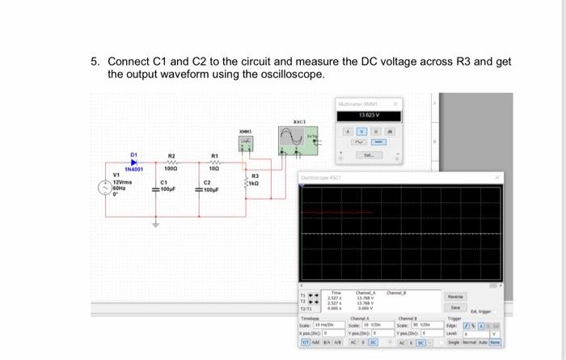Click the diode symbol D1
[x=134, y=162]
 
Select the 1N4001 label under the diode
[x=133, y=170]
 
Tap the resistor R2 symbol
[x=171, y=162]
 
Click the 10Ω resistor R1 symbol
[x=214, y=162]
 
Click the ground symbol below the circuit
[x=156, y=224]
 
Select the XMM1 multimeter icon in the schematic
[x=243, y=143]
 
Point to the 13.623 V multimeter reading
[x=367, y=115]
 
